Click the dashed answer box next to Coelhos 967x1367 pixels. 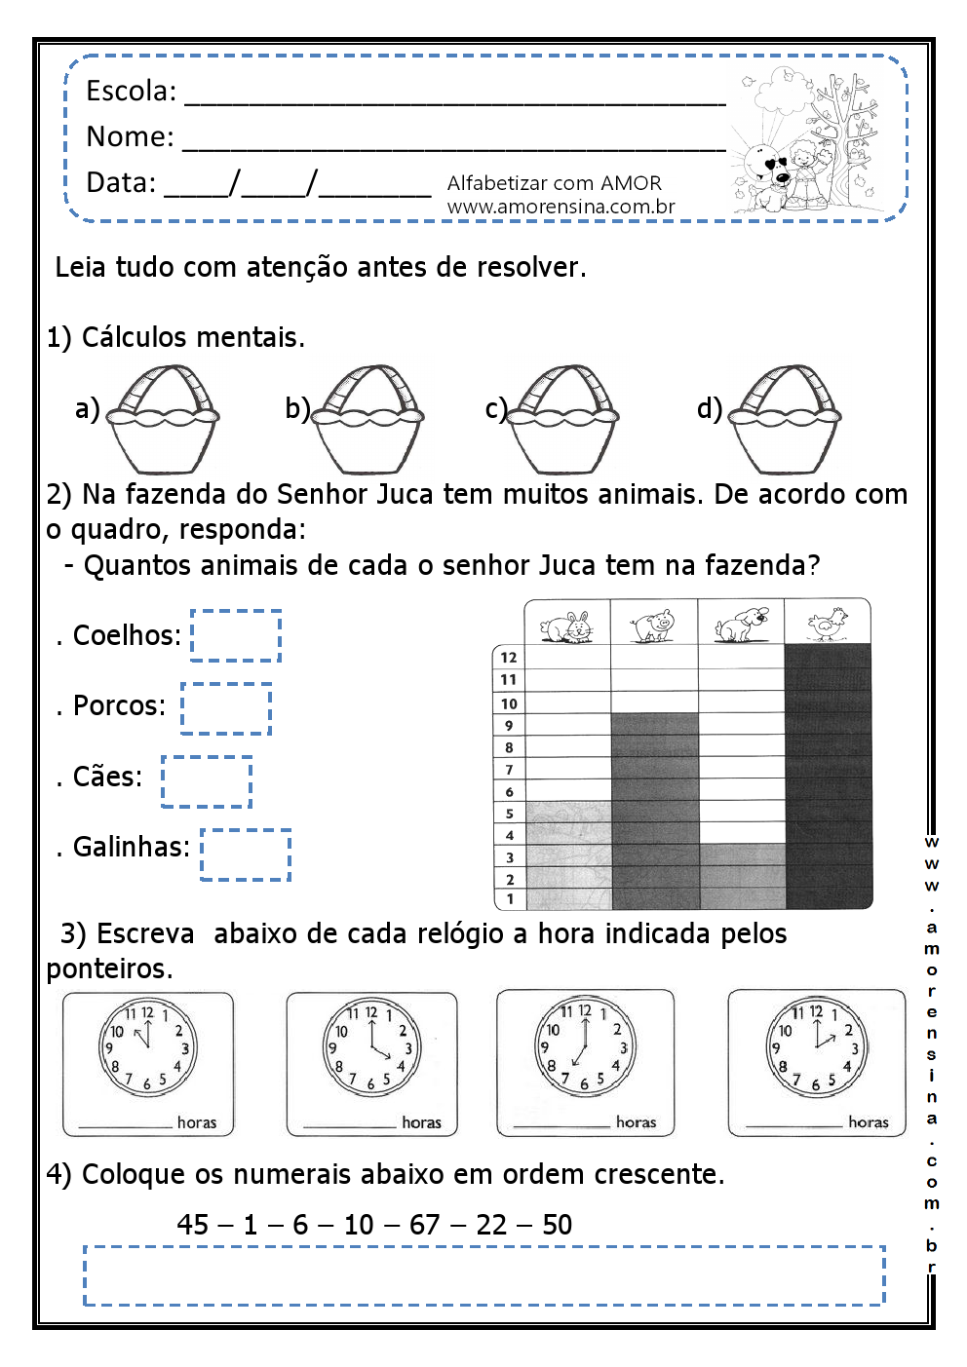[236, 635]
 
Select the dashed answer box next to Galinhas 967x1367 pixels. [246, 854]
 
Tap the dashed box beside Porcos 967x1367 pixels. [226, 708]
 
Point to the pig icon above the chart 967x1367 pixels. [653, 625]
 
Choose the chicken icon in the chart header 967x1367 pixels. [827, 624]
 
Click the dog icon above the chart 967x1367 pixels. [741, 624]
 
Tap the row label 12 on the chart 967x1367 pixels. [509, 658]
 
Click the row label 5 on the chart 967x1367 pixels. [509, 813]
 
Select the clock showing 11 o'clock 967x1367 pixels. [146, 1048]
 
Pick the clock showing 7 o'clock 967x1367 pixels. [584, 1048]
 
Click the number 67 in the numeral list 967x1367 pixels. [424, 1225]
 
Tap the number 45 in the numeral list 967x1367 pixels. [193, 1225]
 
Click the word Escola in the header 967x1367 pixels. [130, 92]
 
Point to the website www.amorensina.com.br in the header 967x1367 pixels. [561, 207]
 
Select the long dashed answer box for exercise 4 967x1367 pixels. [483, 1275]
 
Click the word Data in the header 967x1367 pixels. [120, 183]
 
